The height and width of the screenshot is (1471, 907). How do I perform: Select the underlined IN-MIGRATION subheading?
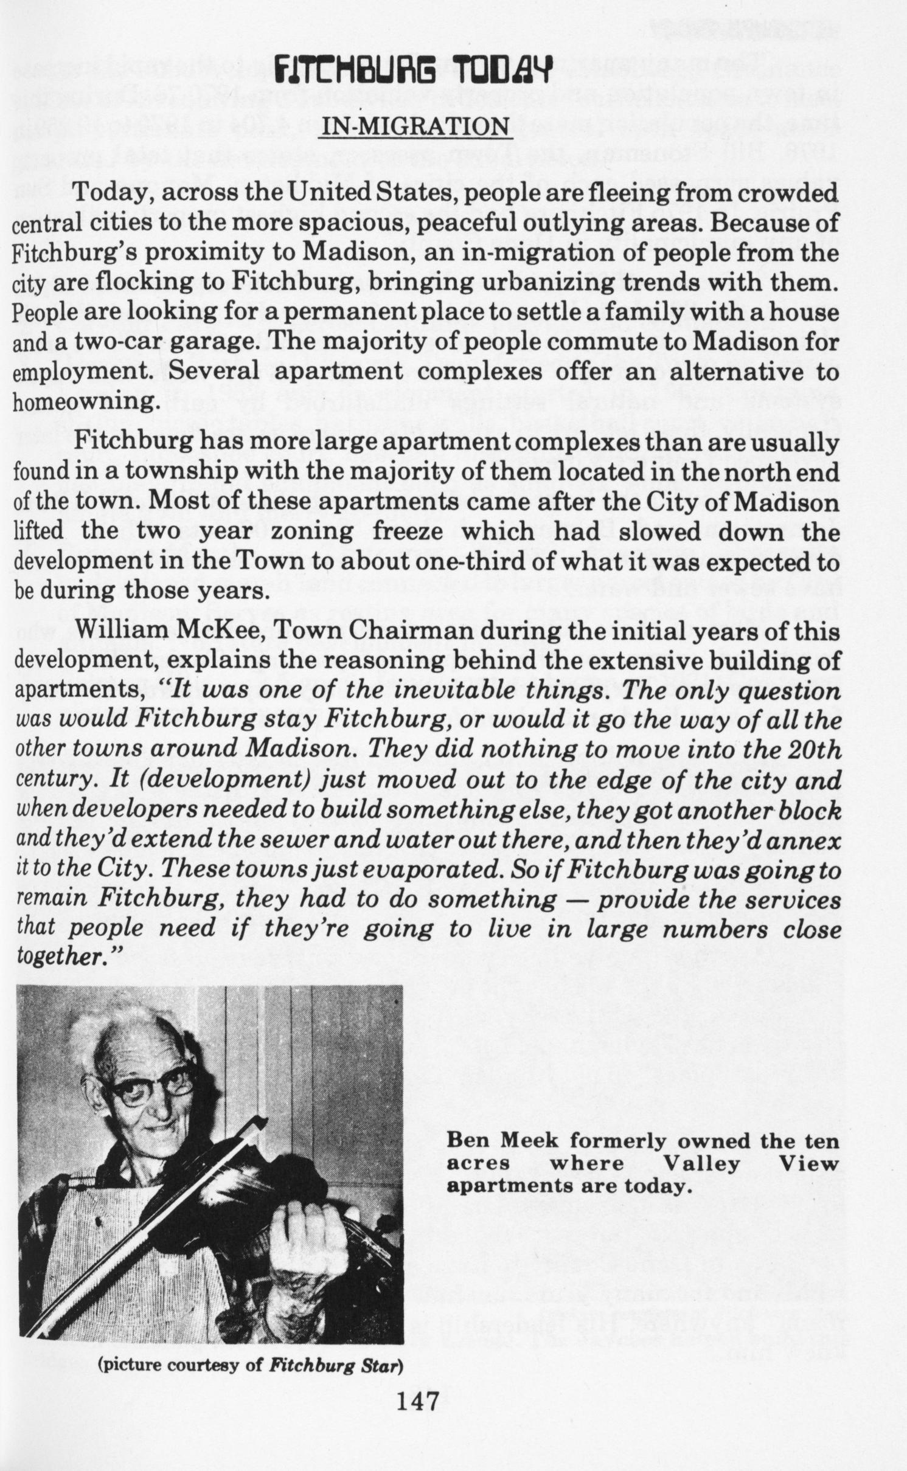(415, 126)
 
